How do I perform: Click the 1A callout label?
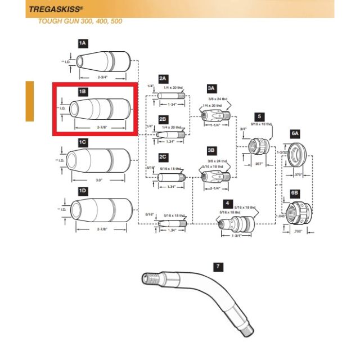[x=83, y=43]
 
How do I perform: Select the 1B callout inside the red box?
[x=83, y=91]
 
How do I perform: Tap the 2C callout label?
[x=163, y=157]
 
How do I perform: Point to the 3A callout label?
[x=211, y=88]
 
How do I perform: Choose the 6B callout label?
[x=295, y=192]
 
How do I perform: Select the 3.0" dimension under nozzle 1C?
[x=99, y=181]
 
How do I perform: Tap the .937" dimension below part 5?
[x=259, y=164]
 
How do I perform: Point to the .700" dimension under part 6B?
[x=299, y=232]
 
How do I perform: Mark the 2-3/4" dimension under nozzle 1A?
[x=103, y=76]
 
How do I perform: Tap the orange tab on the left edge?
[x=29, y=101]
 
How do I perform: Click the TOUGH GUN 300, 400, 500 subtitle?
[x=79, y=21]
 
